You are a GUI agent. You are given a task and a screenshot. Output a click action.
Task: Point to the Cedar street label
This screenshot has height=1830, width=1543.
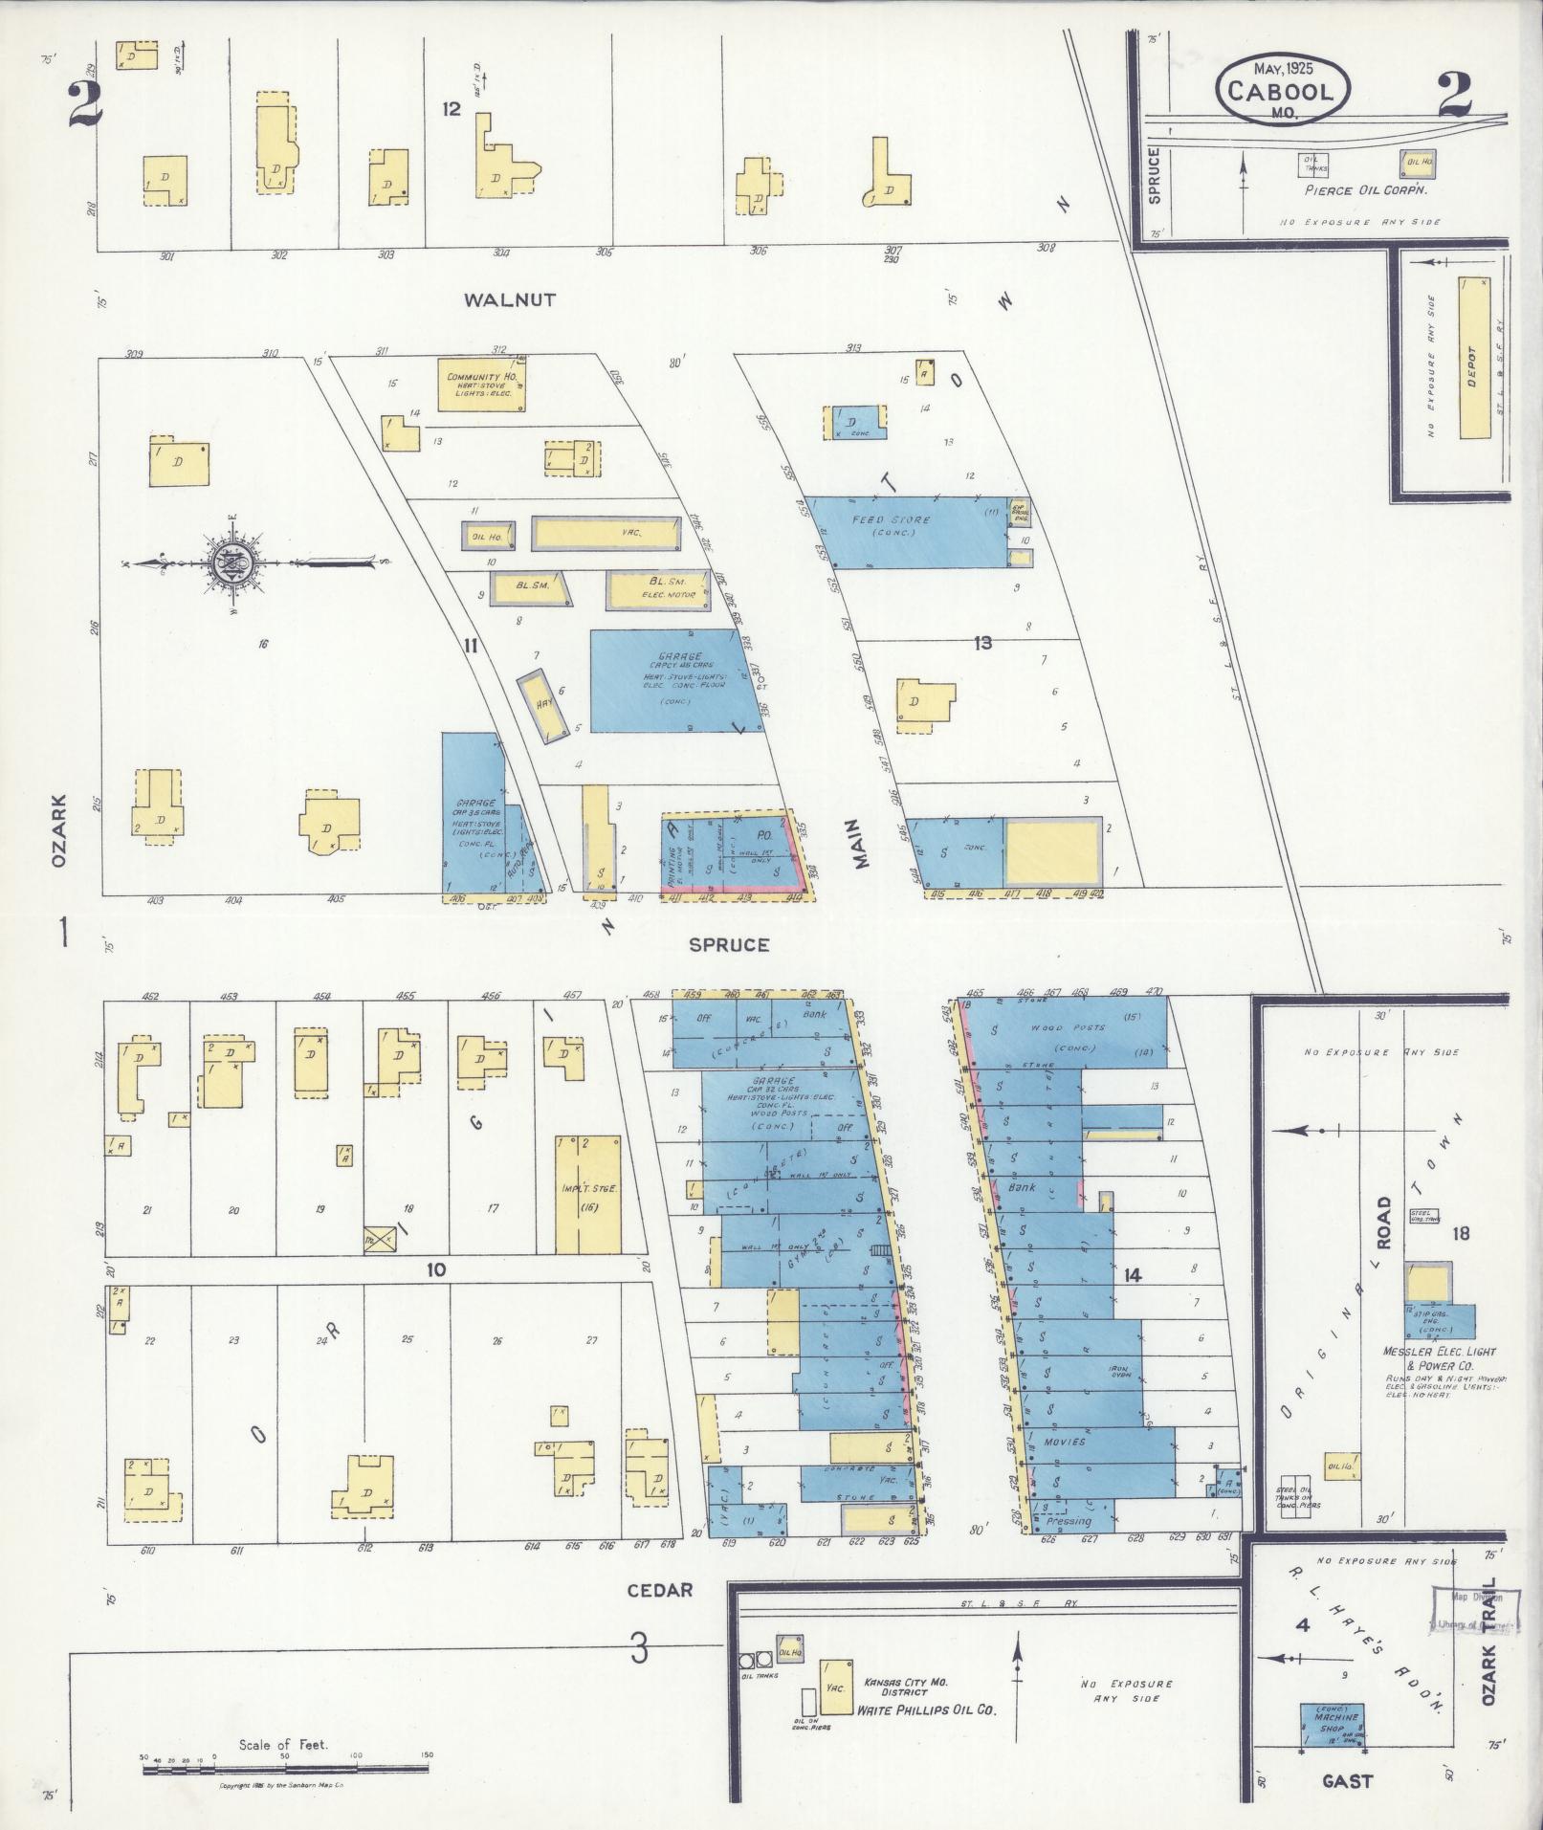point(659,1589)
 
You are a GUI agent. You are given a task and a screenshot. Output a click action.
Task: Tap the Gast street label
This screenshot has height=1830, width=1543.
point(1347,1780)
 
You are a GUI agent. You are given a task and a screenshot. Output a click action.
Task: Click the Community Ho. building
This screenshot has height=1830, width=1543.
point(481,385)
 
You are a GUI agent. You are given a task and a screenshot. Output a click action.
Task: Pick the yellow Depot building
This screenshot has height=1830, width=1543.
point(1474,358)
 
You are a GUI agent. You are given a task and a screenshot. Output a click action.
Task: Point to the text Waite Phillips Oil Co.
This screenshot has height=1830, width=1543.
point(926,1709)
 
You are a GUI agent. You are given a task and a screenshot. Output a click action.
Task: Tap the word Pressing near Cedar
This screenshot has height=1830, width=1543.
point(1069,1521)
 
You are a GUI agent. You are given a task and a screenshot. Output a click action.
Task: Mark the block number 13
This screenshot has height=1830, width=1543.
point(982,643)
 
